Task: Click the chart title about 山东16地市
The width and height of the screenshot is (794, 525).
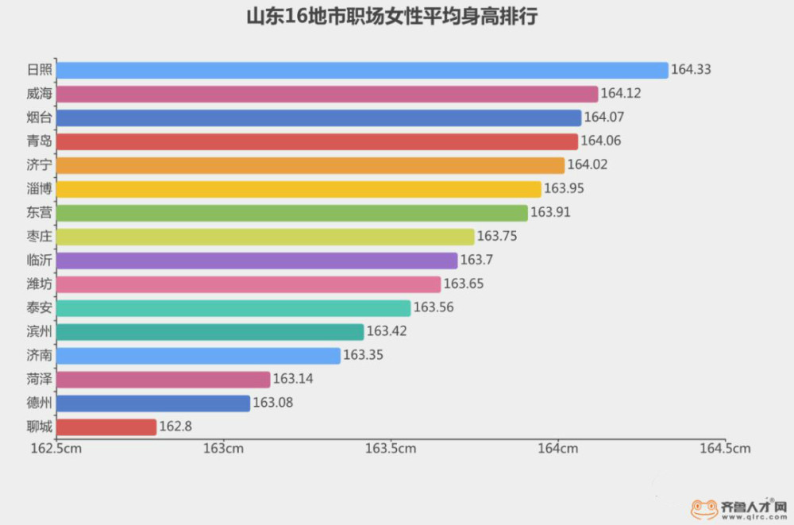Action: (x=392, y=17)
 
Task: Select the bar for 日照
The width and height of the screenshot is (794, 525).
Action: (x=362, y=70)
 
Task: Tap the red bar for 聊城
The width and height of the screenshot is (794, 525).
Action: (x=106, y=427)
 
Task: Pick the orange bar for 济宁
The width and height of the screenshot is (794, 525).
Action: (x=310, y=165)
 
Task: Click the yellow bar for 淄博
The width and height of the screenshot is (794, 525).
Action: (x=299, y=189)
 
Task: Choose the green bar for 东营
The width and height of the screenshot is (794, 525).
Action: (x=292, y=213)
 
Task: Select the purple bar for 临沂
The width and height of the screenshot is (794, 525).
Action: (x=257, y=261)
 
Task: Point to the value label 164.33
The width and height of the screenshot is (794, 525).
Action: (x=691, y=70)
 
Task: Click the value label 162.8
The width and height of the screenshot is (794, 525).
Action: (x=176, y=427)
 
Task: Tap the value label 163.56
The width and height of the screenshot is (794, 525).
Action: (x=434, y=308)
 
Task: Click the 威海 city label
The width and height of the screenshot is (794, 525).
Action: (x=39, y=94)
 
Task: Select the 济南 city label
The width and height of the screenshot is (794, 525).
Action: (x=39, y=356)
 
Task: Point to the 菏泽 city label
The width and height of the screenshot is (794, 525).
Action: (x=39, y=380)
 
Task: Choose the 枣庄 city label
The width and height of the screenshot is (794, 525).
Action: (x=39, y=237)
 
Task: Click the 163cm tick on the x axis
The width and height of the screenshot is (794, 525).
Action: (x=223, y=449)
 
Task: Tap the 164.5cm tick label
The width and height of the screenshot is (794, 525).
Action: (x=724, y=449)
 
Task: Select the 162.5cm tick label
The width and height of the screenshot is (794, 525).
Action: (x=56, y=449)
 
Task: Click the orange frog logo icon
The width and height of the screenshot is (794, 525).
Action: (x=704, y=508)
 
